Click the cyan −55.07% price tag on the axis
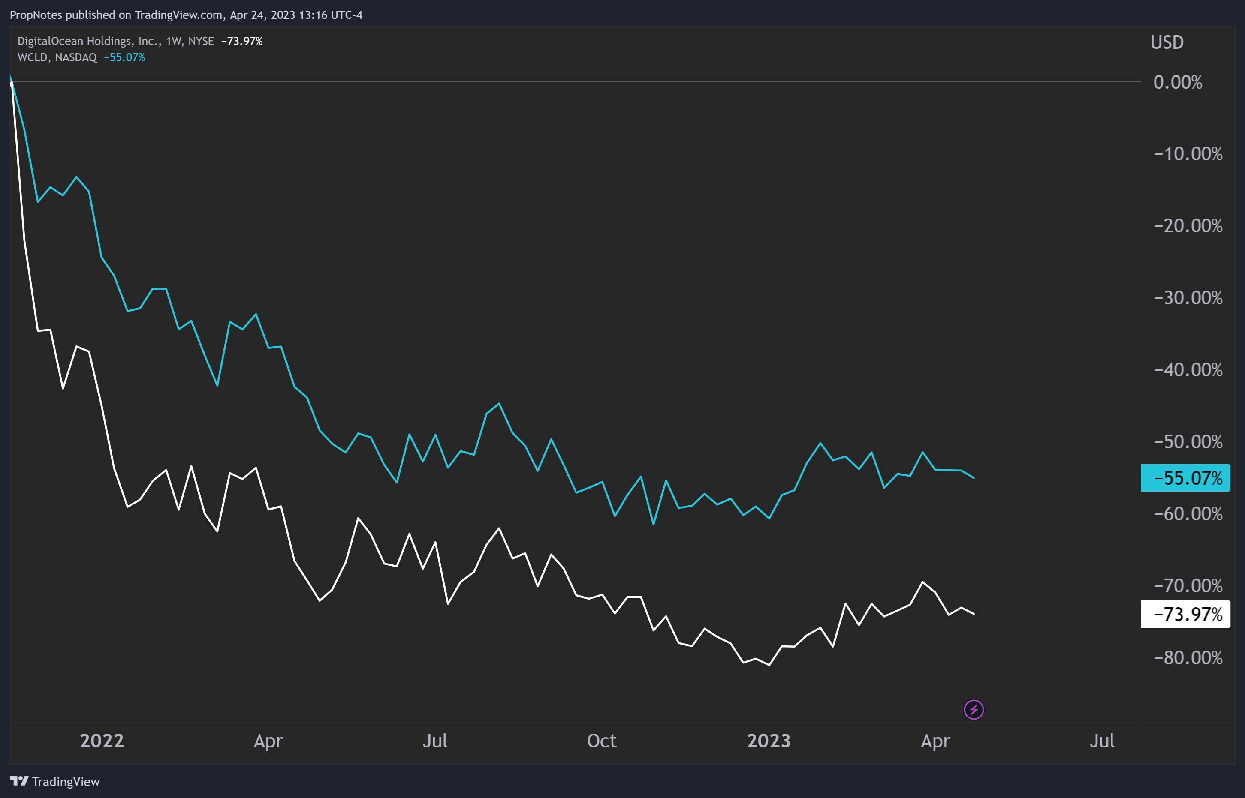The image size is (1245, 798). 1185,478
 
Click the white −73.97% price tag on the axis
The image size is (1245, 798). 1185,615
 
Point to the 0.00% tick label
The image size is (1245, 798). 1178,82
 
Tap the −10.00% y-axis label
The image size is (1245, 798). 1188,154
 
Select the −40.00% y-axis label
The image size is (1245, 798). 1188,370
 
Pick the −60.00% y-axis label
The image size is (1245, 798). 1188,514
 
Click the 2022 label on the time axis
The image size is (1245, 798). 102,741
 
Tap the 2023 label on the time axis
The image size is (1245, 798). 769,741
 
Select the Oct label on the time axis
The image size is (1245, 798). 602,741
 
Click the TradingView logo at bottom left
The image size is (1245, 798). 55,781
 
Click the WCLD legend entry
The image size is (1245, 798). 57,57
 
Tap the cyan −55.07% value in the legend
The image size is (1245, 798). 124,57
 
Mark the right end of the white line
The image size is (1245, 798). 974,614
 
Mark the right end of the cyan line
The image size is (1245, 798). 974,478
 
